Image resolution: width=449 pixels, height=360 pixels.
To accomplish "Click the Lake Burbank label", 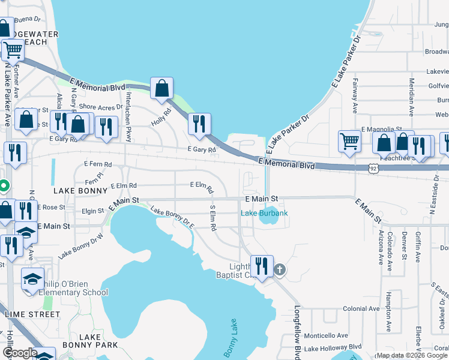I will (x=264, y=213).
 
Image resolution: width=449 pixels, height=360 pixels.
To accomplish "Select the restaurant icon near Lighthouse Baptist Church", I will (x=261, y=265).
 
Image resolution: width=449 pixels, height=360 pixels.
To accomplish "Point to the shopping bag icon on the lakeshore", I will (x=161, y=88).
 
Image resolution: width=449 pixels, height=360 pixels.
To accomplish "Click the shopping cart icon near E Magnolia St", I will (x=349, y=141).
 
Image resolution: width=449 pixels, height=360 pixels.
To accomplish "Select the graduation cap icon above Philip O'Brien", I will (x=33, y=278).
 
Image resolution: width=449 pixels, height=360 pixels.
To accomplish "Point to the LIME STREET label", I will (x=32, y=314).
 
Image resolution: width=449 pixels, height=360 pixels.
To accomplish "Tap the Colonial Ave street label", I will (x=361, y=308).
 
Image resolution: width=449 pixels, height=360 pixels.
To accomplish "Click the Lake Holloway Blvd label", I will (x=333, y=347).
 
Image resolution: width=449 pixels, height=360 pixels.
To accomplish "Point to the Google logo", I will (x=20, y=353).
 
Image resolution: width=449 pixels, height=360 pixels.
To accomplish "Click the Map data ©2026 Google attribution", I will (x=411, y=355).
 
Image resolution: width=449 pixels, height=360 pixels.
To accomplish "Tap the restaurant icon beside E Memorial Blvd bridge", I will (x=199, y=124).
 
